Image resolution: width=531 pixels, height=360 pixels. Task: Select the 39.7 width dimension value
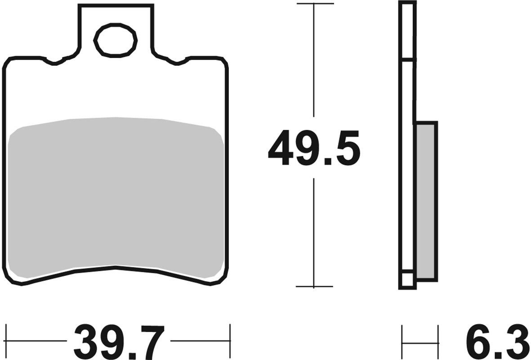pos(118,341)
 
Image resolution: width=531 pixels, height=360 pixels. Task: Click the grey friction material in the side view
pos(426,201)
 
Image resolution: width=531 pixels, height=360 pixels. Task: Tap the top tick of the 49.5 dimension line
pos(314,4)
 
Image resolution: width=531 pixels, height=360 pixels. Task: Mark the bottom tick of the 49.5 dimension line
pos(314,286)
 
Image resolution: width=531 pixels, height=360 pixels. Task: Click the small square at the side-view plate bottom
pos(407,280)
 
